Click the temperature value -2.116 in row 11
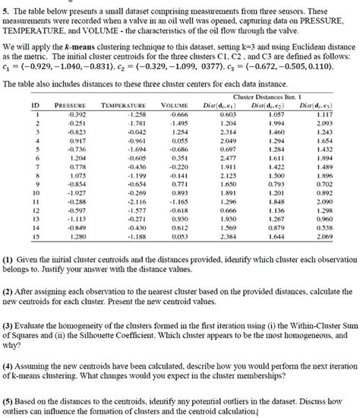(134, 201)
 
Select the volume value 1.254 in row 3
(179, 132)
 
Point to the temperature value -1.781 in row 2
(134, 123)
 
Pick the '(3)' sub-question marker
(11, 323)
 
